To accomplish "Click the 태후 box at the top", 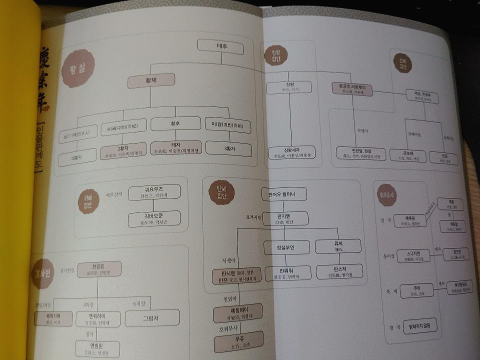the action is click(220, 47).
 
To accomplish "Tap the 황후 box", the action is click(175, 123).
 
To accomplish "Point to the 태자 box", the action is click(175, 147).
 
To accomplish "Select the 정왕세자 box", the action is click(287, 153).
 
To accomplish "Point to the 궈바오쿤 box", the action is click(154, 219).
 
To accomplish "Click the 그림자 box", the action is click(152, 318).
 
